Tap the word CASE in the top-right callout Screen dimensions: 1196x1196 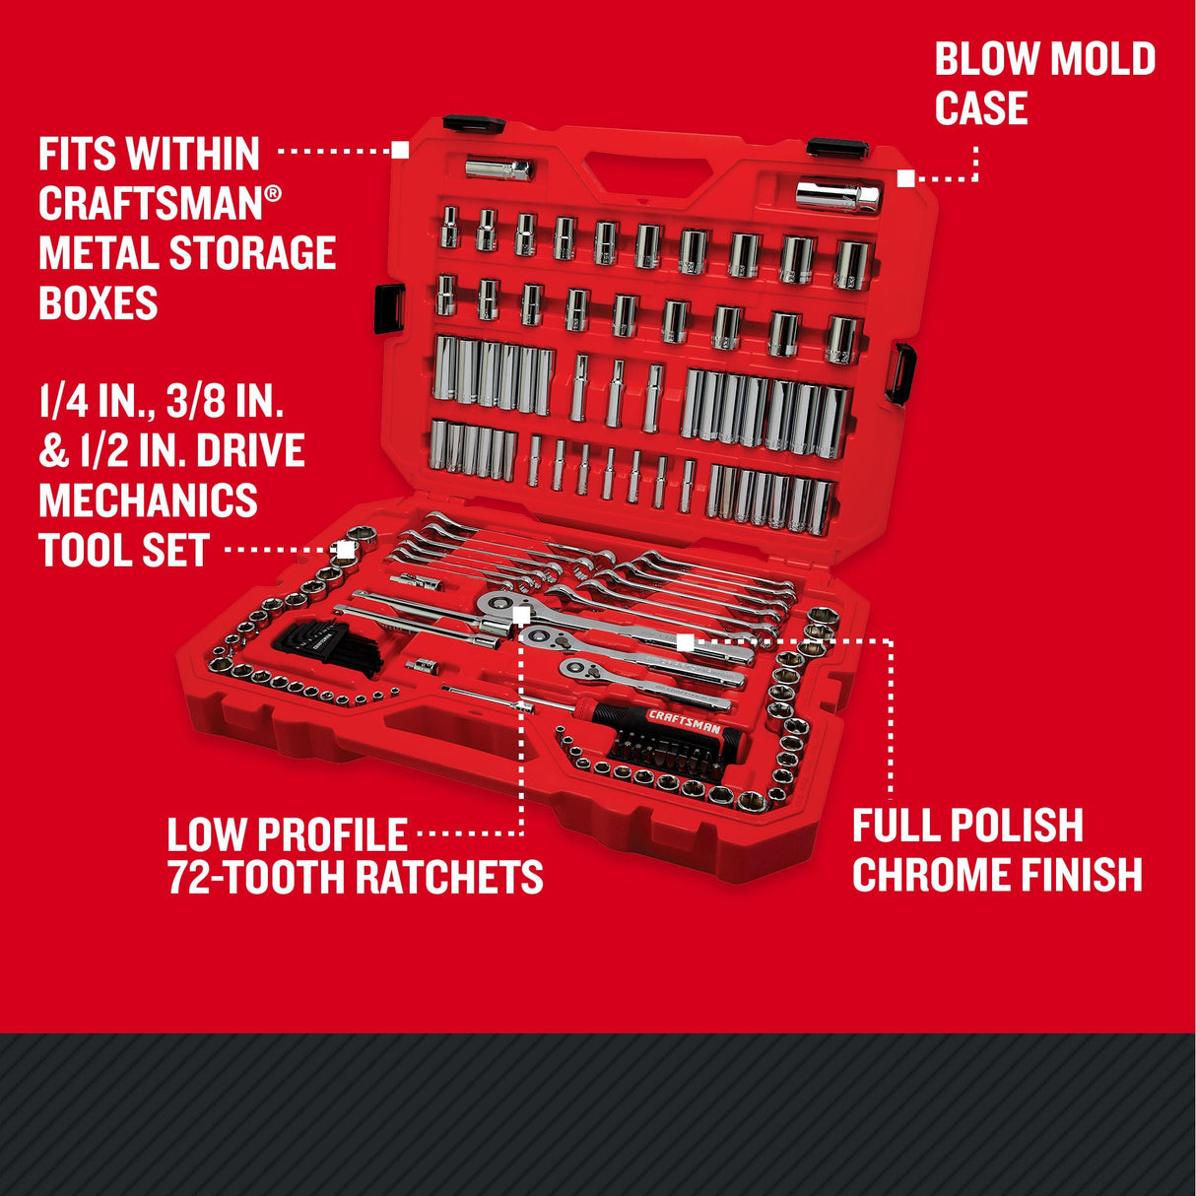click(981, 108)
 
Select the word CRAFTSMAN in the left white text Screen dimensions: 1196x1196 click(151, 204)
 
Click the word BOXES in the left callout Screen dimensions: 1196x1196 click(99, 302)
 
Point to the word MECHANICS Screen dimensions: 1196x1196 click(148, 500)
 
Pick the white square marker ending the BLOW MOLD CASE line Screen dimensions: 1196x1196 click(905, 178)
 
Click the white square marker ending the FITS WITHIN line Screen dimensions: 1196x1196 click(400, 150)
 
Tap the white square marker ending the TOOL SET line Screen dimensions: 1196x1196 click(345, 548)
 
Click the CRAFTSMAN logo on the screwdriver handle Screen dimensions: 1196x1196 click(684, 721)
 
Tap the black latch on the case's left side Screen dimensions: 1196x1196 click(389, 307)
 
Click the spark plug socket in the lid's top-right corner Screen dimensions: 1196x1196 click(837, 195)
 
